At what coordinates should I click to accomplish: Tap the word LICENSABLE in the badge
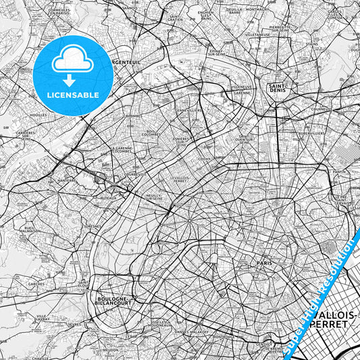coord(73,95)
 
